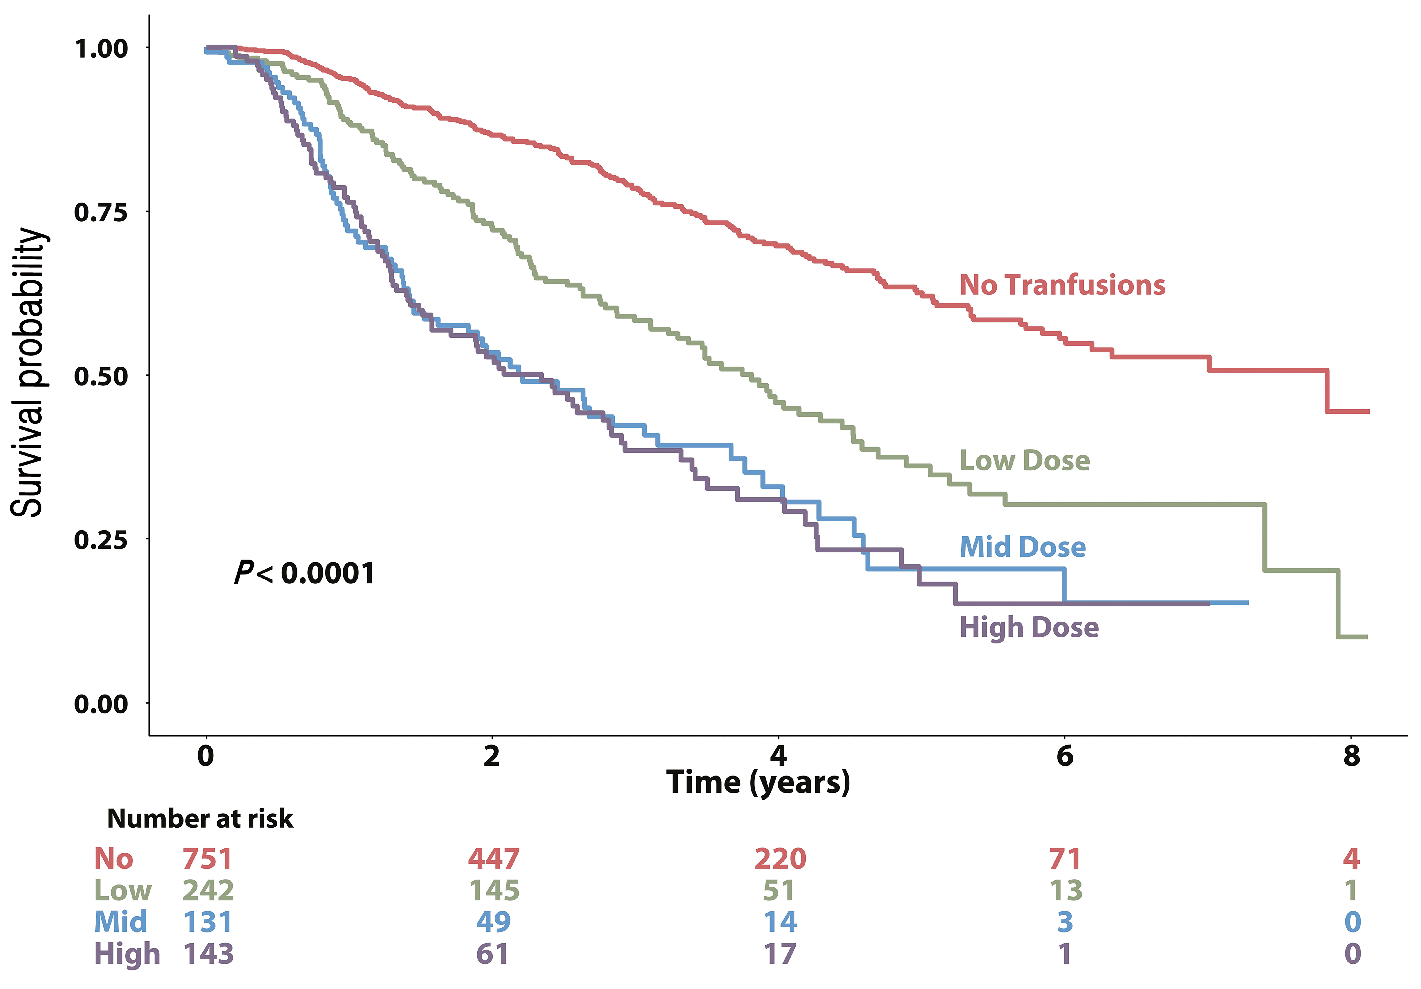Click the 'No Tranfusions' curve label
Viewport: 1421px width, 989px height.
1062,285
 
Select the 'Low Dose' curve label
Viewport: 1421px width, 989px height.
1024,461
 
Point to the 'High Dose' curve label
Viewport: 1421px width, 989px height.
1029,627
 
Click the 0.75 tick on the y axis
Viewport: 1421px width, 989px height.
101,212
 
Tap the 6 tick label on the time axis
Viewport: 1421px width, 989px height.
1065,756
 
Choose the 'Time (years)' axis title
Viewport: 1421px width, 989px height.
758,783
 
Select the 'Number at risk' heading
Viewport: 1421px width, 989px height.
200,819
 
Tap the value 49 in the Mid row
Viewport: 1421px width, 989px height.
493,922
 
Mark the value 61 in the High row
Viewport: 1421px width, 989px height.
493,954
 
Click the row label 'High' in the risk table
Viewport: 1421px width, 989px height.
127,954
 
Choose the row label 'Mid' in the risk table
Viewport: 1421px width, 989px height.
121,922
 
